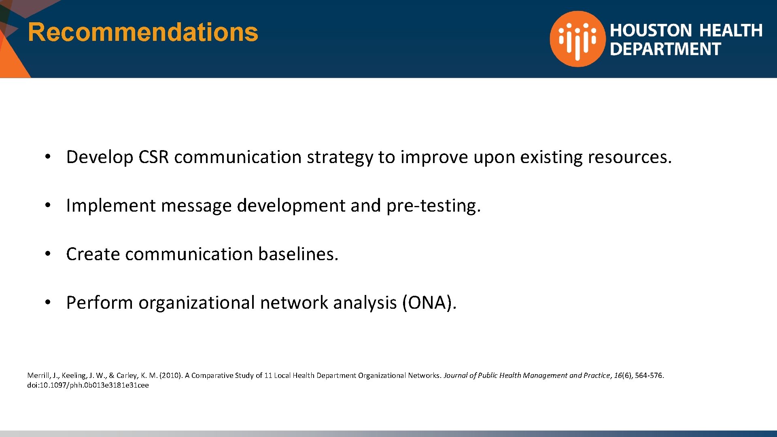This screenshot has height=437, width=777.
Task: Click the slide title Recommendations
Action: point(143,32)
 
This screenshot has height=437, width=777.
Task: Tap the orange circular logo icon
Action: point(577,39)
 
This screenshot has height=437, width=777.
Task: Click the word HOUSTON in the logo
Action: point(651,30)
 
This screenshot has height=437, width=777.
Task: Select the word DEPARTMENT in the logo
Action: point(665,49)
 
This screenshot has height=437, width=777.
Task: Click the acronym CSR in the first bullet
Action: point(153,157)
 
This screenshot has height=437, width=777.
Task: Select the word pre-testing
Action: point(433,206)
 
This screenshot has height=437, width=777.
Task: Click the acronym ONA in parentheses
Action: point(429,303)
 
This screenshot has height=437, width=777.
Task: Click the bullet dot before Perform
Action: point(48,302)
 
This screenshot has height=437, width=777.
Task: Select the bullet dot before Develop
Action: point(48,157)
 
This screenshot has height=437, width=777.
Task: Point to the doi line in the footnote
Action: point(88,385)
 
